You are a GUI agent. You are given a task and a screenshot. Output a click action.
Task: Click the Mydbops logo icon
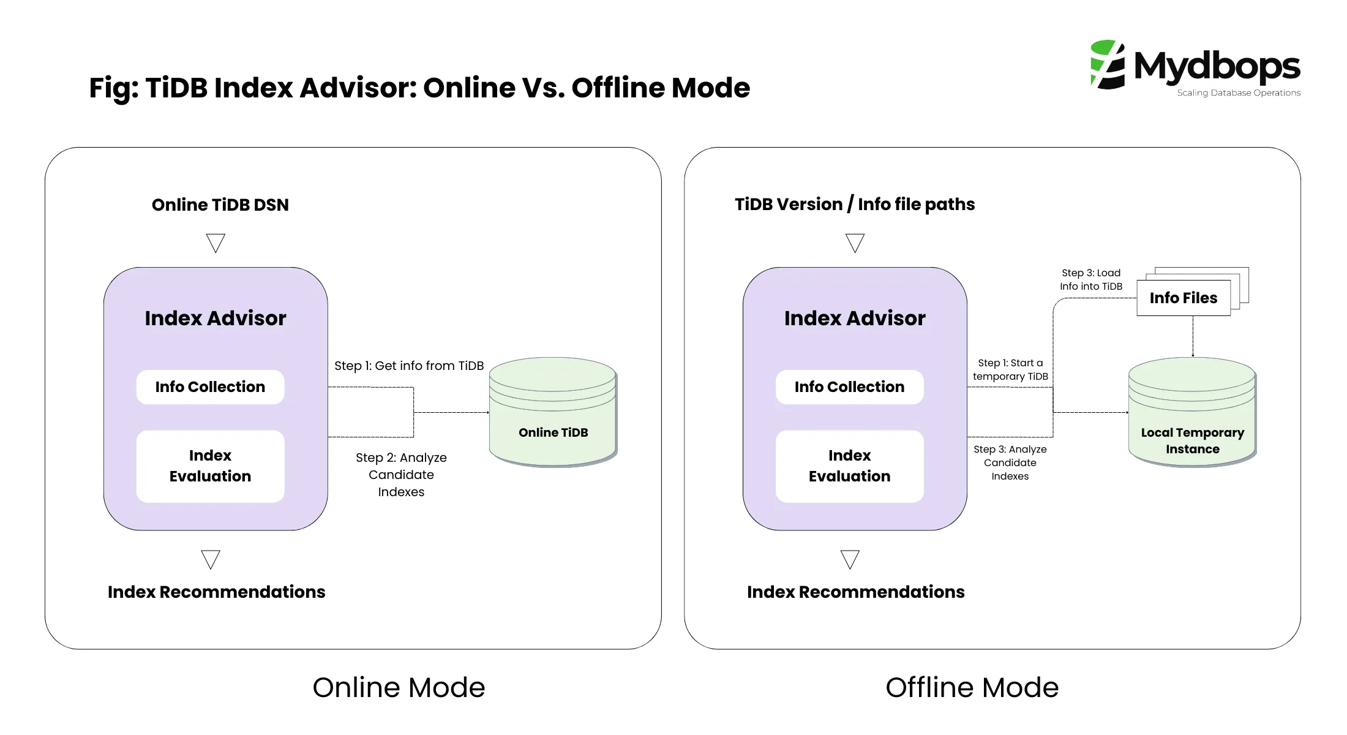tap(1108, 65)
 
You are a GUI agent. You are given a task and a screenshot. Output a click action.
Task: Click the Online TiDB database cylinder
tap(553, 412)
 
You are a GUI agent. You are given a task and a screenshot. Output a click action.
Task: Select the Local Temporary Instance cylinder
tap(1192, 412)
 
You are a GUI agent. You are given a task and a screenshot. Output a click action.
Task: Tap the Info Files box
tap(1184, 298)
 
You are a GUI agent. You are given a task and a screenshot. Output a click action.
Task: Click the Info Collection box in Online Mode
tap(210, 387)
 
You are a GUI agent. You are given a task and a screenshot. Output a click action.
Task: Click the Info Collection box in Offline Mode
tap(849, 387)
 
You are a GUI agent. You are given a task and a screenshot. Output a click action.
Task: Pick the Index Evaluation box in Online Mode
tap(210, 466)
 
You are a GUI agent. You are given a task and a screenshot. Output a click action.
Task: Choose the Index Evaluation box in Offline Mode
tap(849, 466)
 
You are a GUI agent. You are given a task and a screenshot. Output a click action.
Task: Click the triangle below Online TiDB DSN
tap(216, 242)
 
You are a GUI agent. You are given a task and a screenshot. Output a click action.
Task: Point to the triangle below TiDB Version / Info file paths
tap(855, 242)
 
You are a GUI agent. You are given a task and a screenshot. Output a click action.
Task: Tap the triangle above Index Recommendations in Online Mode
tap(211, 559)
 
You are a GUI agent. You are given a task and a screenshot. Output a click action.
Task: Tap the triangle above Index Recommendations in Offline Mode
tap(850, 559)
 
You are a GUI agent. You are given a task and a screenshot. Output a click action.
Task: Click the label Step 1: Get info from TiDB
tap(409, 366)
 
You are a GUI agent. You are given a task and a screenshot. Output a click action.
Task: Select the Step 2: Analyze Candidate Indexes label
tap(401, 475)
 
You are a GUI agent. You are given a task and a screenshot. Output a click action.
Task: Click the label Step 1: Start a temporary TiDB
tap(1010, 370)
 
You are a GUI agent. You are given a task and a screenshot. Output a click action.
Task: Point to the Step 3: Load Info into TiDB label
tap(1091, 279)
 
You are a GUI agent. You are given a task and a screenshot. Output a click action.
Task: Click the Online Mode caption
tap(399, 687)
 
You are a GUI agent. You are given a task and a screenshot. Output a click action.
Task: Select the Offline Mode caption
tap(972, 687)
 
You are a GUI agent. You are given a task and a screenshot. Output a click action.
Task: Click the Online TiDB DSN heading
tap(220, 205)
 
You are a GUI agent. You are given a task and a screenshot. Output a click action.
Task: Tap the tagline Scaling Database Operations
tap(1238, 93)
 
